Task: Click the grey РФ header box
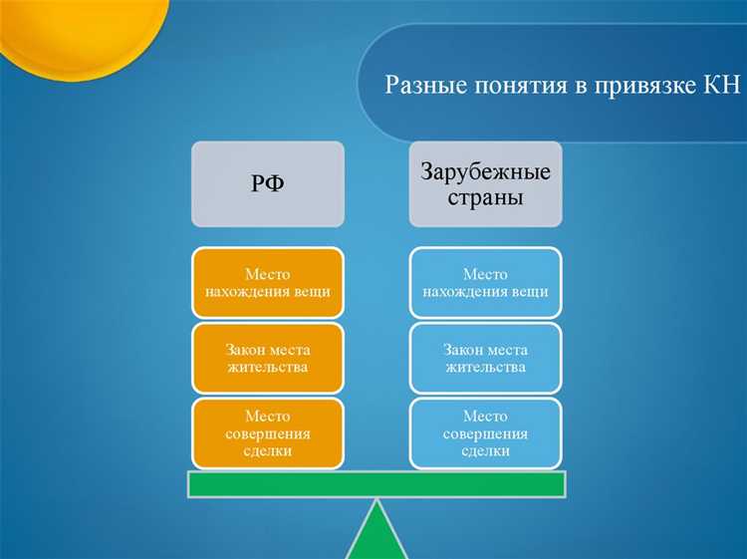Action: click(268, 183)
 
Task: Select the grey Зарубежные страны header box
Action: click(485, 183)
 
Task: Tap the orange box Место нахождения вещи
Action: click(268, 283)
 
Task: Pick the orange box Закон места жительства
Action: click(268, 359)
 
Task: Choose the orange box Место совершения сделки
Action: click(268, 433)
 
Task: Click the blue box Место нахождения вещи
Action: click(485, 283)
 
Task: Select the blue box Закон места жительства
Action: click(485, 359)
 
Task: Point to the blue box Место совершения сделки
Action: click(485, 433)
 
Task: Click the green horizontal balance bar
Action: click(376, 483)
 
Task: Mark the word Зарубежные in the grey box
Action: click(485, 172)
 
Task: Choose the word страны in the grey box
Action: click(485, 197)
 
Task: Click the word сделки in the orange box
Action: click(268, 451)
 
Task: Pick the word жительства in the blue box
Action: click(485, 368)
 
